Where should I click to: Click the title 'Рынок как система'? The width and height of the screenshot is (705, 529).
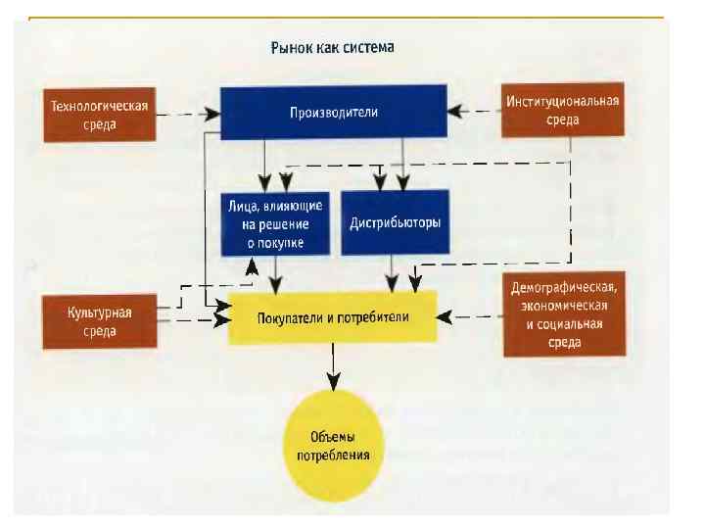[x=332, y=46]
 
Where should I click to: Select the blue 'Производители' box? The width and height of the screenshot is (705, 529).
[x=333, y=113]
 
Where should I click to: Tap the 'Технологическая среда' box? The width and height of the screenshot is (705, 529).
[x=99, y=115]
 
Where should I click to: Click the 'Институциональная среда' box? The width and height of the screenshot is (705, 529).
[x=562, y=111]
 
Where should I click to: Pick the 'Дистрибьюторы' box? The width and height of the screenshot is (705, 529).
[x=395, y=222]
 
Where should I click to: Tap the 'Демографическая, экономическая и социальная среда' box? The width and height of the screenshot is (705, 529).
[x=562, y=315]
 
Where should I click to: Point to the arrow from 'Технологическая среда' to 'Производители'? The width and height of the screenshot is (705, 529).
[x=186, y=114]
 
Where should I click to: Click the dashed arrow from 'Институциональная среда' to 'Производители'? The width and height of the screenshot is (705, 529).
[x=474, y=111]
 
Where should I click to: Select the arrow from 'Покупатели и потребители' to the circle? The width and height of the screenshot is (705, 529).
[x=333, y=366]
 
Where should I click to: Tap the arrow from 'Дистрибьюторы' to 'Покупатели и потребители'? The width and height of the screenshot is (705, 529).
[x=394, y=273]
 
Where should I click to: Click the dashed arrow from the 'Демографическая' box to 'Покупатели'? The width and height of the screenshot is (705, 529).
[x=470, y=316]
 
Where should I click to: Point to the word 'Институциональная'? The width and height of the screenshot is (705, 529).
[x=562, y=101]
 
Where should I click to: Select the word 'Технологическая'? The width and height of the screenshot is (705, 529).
[x=99, y=106]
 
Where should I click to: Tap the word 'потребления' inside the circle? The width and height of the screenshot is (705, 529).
[x=332, y=456]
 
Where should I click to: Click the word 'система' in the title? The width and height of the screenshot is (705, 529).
[x=369, y=46]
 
